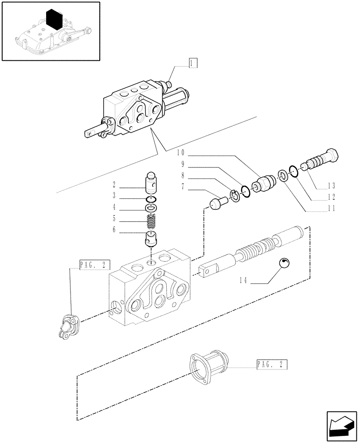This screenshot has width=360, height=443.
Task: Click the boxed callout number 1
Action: (192, 62)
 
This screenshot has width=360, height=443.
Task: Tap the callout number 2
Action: (114, 184)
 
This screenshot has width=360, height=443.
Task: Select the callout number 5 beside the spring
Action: (114, 218)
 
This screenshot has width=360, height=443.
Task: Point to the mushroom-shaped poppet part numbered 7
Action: (217, 204)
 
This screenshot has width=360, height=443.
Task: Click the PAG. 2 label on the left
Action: (93, 265)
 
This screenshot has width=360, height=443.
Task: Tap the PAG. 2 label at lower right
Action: (272, 365)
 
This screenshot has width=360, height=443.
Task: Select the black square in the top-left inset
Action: (55, 19)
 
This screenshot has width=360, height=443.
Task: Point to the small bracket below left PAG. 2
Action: (68, 326)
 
